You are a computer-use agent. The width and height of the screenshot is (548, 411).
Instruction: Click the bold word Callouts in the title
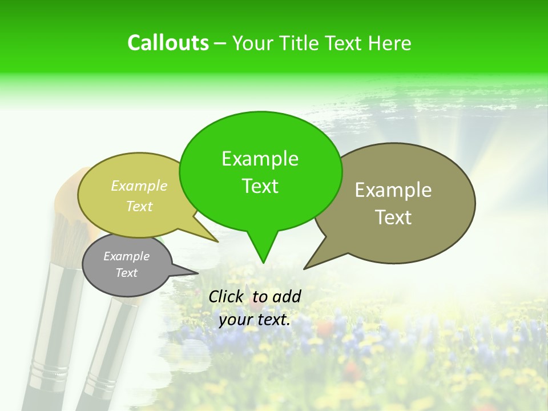pyautogui.click(x=168, y=43)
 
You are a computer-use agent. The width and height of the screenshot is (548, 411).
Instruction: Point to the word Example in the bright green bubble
pyautogui.click(x=260, y=159)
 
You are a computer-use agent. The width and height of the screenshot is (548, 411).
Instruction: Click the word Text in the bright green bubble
pyautogui.click(x=260, y=186)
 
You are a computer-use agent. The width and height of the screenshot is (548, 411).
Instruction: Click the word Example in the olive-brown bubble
pyautogui.click(x=393, y=190)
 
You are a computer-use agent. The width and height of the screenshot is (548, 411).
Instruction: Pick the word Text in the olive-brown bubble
pyautogui.click(x=393, y=217)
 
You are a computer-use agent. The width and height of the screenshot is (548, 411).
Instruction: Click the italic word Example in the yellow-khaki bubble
pyautogui.click(x=139, y=186)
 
